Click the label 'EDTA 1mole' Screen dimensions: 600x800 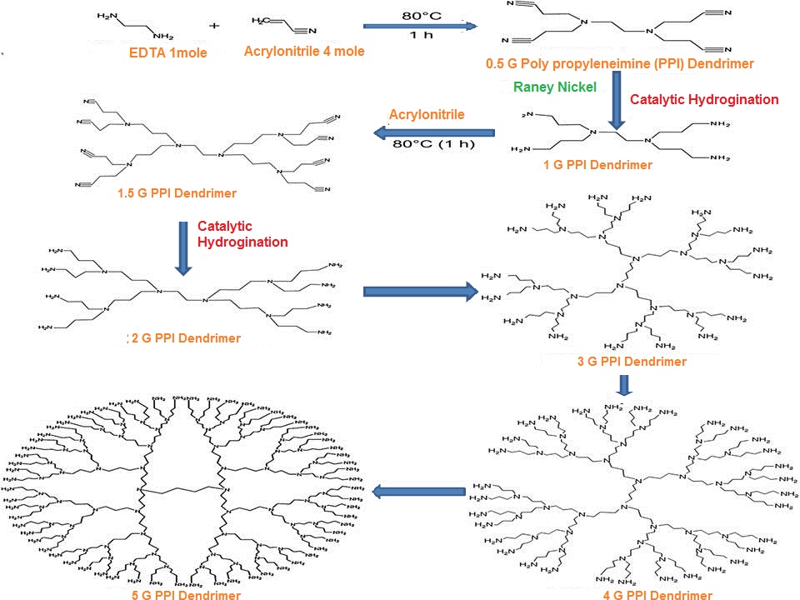(167, 53)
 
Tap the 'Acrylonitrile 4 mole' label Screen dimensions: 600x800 (304, 51)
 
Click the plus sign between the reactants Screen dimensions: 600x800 (215, 26)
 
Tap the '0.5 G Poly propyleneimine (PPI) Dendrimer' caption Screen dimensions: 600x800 (620, 63)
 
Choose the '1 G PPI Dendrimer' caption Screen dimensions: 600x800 (597, 165)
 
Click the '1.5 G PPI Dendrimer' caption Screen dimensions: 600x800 (177, 193)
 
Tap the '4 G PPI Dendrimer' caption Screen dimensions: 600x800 (657, 595)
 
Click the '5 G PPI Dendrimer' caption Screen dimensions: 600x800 (186, 595)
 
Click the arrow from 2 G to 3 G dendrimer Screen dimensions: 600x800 (419, 291)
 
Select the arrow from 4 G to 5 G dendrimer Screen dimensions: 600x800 (418, 492)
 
